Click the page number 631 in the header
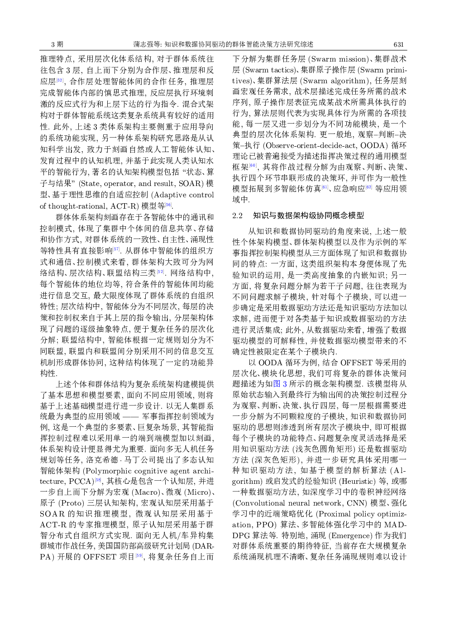398,44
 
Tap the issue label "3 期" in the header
57,44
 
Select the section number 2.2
237,216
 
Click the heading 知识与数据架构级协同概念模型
308,216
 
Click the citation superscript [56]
168,204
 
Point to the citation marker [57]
116,249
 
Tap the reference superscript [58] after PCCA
98,480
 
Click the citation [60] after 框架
253,165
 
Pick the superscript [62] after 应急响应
368,186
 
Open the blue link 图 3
280,384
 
